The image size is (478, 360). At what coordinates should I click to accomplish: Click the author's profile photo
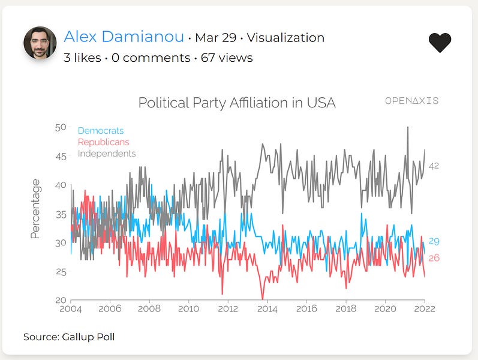(40, 43)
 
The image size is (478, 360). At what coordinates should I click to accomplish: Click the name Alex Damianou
(124, 37)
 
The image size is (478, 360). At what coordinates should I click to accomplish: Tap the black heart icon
(440, 42)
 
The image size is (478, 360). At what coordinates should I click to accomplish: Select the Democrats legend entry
(101, 131)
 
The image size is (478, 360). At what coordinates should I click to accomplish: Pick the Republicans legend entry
(104, 142)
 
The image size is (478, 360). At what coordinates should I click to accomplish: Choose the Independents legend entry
(107, 154)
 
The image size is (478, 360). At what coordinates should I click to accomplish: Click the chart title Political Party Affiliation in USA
(237, 103)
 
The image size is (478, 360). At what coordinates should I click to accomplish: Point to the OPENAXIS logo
(411, 101)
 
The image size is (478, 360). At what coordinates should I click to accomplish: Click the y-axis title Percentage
(35, 209)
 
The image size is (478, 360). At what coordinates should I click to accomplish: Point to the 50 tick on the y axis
(61, 127)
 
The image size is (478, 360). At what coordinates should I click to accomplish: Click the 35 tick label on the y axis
(61, 214)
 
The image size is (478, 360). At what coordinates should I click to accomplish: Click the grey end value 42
(434, 166)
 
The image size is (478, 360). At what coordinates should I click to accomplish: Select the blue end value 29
(434, 241)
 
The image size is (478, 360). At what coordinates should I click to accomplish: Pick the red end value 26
(434, 258)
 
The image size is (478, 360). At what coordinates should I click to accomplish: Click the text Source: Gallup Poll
(69, 337)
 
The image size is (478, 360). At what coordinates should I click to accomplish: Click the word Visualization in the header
(285, 38)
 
